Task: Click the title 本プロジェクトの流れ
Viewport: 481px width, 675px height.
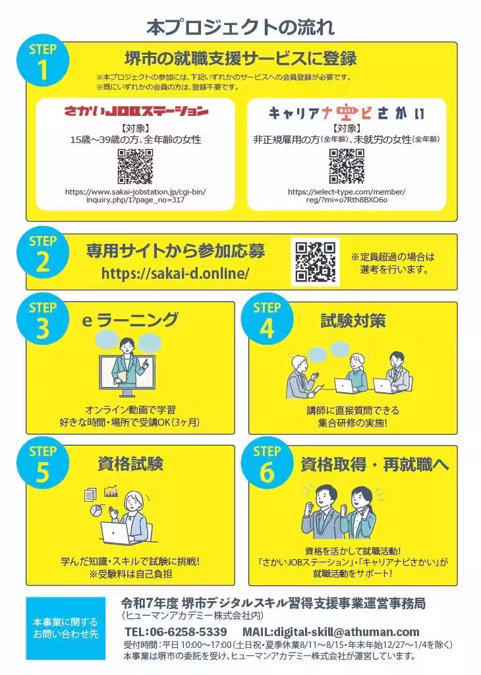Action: pyautogui.click(x=240, y=27)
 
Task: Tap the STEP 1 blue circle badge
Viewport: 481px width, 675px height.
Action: pyautogui.click(x=43, y=62)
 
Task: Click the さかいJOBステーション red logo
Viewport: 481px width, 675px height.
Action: pyautogui.click(x=136, y=111)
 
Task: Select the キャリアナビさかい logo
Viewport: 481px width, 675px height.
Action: pyautogui.click(x=346, y=113)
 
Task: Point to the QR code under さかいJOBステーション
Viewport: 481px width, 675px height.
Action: pyautogui.click(x=135, y=166)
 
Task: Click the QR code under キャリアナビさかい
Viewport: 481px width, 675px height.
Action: pyautogui.click(x=347, y=166)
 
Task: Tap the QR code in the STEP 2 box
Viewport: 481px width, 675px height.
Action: pyautogui.click(x=316, y=262)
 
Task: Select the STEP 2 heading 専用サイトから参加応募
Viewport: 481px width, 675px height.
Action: pyautogui.click(x=175, y=251)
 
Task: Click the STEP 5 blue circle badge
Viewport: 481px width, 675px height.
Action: pyautogui.click(x=43, y=469)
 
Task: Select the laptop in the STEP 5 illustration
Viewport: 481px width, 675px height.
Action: pyautogui.click(x=117, y=533)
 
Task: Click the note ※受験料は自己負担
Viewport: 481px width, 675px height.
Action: pyautogui.click(x=130, y=574)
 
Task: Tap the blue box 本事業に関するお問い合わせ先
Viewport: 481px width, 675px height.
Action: pyautogui.click(x=65, y=628)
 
